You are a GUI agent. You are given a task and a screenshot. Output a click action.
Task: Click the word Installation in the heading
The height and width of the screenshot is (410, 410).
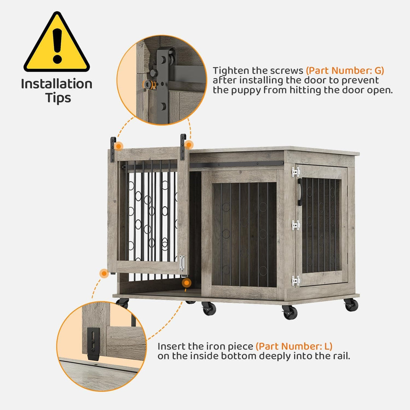pos(57,84)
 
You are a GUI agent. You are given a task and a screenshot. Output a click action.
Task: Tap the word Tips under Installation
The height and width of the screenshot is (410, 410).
pos(58,98)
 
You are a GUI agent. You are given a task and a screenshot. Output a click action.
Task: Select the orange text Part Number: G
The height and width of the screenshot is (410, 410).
pos(345,71)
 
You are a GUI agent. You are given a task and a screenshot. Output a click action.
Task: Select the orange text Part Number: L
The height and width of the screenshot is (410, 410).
pos(294,347)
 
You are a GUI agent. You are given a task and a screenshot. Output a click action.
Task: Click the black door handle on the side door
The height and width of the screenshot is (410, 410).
pos(300,192)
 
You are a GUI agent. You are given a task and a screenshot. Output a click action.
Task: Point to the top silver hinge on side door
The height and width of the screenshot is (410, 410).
pos(296,172)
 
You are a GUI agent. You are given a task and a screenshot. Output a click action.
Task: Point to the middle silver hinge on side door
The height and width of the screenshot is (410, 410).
pos(296,225)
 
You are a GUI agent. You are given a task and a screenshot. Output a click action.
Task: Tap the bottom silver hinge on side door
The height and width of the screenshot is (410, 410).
pos(295,281)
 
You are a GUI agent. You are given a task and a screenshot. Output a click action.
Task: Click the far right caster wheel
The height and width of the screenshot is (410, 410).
pos(351,304)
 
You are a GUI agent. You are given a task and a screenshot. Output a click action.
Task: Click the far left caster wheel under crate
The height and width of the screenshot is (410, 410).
pos(123,303)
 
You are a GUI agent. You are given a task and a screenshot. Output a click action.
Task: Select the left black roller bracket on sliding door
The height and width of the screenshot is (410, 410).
pos(113,149)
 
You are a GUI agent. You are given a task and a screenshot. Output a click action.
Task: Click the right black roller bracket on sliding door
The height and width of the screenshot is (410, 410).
pos(183,147)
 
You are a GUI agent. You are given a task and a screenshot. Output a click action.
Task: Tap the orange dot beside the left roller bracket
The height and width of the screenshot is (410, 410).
pos(119,146)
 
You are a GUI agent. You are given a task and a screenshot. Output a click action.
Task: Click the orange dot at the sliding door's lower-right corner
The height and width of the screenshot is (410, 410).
pos(186,282)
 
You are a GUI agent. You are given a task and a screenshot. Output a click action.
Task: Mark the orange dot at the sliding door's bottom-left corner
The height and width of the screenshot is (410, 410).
pos(104,273)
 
